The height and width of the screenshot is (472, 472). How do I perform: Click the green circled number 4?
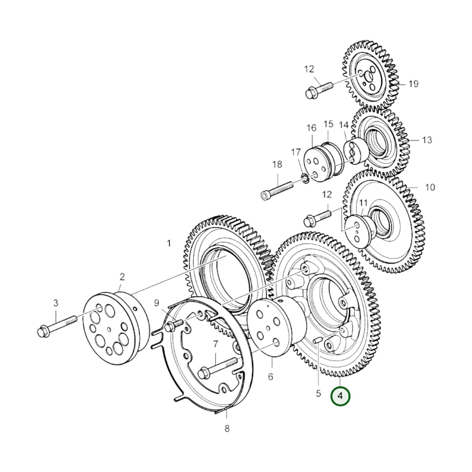[340, 403]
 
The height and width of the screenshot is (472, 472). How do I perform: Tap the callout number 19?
[414, 84]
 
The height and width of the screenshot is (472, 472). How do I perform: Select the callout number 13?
[427, 140]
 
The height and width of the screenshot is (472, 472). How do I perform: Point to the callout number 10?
[430, 187]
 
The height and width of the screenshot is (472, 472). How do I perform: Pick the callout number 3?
[56, 303]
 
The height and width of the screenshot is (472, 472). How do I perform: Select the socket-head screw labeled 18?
[277, 190]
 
